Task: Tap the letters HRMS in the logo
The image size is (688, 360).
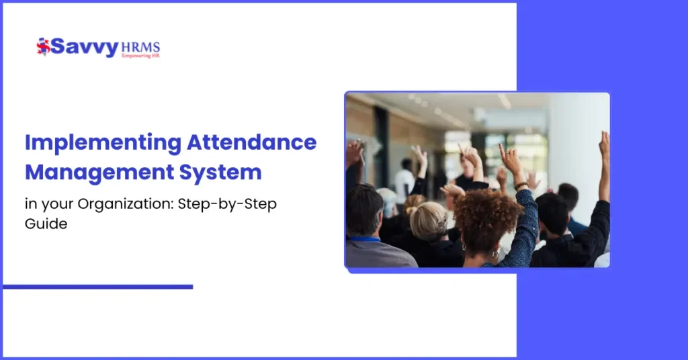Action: point(140,47)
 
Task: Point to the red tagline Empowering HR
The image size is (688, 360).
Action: point(140,56)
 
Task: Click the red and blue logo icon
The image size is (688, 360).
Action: point(43,46)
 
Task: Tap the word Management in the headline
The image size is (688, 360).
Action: point(97,172)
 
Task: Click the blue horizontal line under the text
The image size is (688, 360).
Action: point(97,287)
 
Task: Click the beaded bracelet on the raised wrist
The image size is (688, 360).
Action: point(521,185)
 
